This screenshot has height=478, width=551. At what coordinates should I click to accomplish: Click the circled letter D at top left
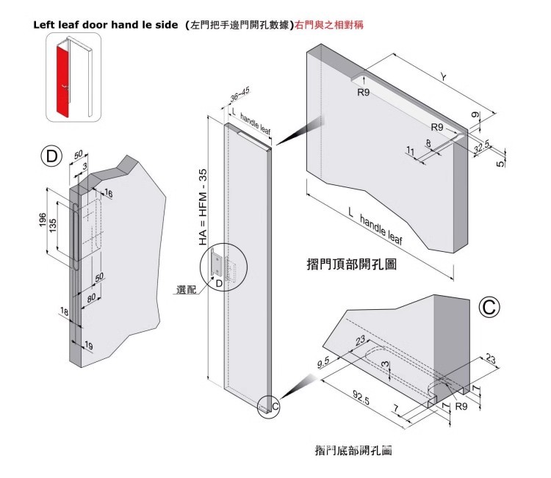pyautogui.click(x=51, y=156)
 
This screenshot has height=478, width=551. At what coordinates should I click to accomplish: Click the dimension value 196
pyautogui.click(x=44, y=221)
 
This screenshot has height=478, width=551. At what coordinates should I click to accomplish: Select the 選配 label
pyautogui.click(x=187, y=290)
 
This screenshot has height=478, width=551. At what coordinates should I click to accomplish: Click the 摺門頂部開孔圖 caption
pyautogui.click(x=351, y=264)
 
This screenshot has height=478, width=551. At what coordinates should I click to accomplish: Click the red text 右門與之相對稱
pyautogui.click(x=328, y=24)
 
